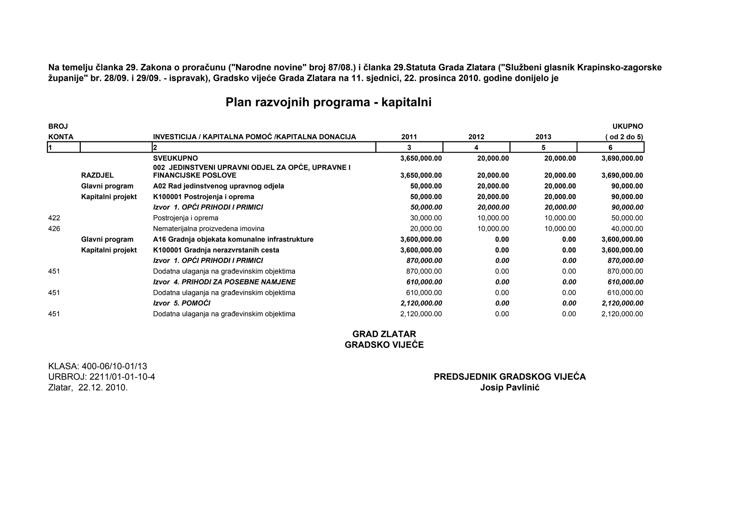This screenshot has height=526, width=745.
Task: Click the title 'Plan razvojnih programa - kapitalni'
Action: point(328,102)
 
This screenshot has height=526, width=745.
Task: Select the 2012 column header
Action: point(476,137)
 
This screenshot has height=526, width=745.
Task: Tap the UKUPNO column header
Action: point(628,127)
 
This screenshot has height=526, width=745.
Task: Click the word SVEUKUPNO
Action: point(175,158)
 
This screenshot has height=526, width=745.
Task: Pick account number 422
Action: point(54,218)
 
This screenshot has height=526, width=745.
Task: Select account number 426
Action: point(54,229)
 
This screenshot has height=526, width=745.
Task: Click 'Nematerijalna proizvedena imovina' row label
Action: point(208,229)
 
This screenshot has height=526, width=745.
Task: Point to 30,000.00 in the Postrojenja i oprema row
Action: point(426,218)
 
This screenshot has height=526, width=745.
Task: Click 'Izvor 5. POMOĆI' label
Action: point(182,303)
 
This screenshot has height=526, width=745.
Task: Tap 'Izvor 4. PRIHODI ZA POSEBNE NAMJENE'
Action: point(224,282)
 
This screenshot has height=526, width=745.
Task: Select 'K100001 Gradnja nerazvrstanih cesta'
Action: point(216,250)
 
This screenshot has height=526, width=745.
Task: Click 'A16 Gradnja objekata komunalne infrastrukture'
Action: point(233,240)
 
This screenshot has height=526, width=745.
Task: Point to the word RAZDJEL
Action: point(97,176)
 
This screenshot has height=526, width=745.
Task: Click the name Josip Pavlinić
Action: point(510,388)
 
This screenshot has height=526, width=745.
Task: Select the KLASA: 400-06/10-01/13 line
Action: point(97,366)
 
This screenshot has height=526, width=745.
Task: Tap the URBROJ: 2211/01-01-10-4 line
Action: point(101,377)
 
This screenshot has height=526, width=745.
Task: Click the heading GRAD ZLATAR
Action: point(384,334)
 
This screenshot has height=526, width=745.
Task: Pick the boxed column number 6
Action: point(610,148)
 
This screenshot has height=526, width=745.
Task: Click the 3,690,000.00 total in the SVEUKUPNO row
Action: point(622,158)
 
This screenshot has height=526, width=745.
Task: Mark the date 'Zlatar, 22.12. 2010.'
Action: point(88,388)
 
